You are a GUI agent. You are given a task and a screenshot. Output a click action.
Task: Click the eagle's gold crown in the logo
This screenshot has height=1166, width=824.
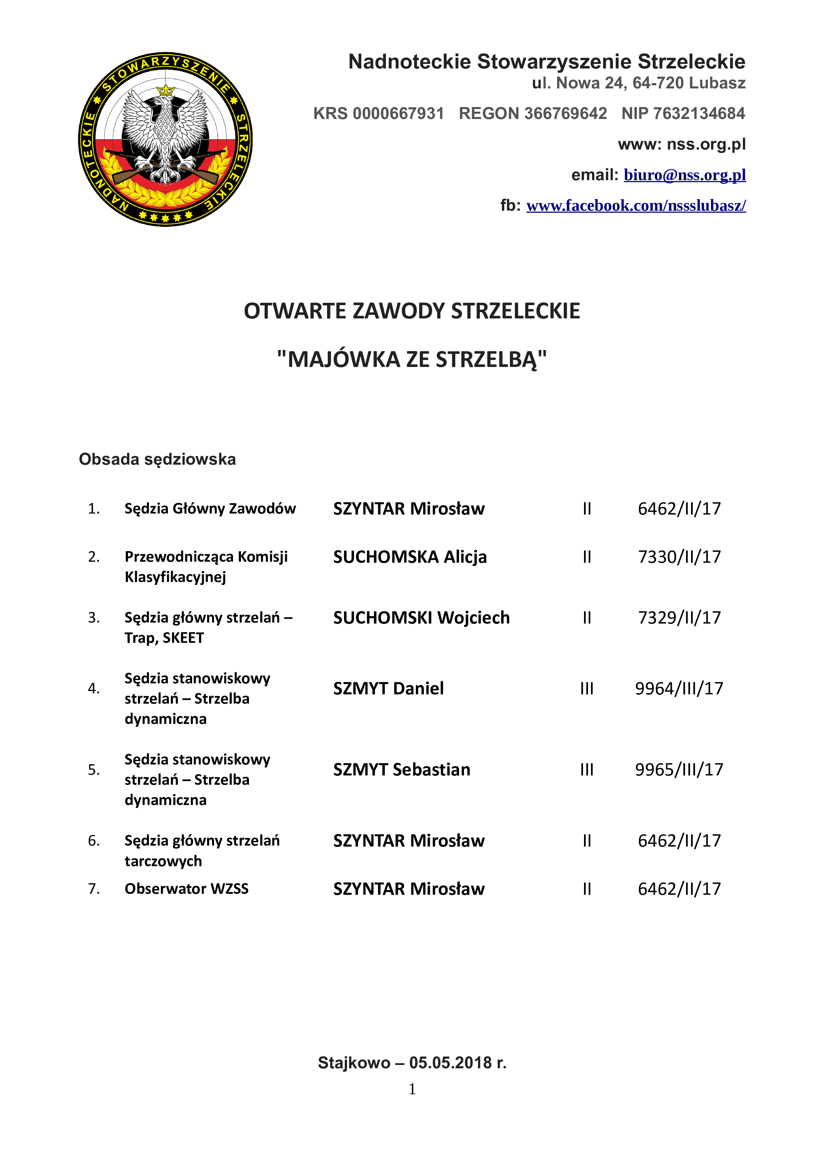(x=166, y=91)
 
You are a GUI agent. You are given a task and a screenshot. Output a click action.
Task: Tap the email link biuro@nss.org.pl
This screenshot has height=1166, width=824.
(x=684, y=175)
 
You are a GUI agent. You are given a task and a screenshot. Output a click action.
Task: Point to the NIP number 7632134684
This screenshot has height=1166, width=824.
(x=699, y=113)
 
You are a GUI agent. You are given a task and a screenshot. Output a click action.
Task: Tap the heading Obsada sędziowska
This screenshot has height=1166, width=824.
(x=157, y=459)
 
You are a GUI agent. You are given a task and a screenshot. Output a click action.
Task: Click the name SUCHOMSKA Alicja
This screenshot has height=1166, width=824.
(x=410, y=557)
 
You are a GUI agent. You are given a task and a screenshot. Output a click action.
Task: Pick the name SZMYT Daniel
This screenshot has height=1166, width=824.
(x=388, y=689)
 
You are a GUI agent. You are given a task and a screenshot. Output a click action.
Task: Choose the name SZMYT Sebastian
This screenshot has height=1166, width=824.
(x=402, y=769)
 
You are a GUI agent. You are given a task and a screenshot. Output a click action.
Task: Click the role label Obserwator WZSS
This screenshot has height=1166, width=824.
(x=186, y=889)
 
